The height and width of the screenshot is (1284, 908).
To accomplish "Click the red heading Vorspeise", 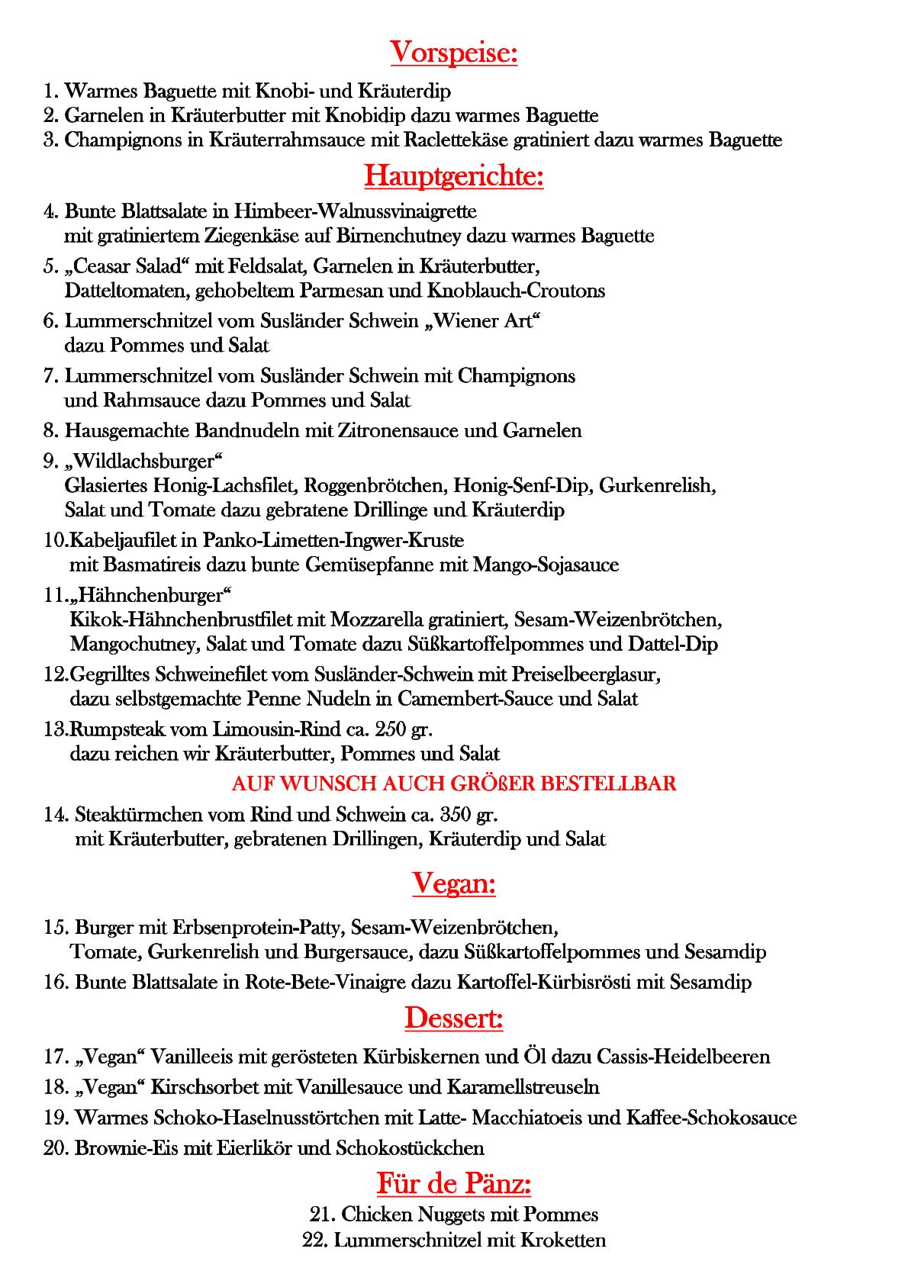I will (454, 53).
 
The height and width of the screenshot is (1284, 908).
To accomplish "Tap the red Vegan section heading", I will (454, 883).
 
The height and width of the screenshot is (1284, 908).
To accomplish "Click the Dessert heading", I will (454, 1018).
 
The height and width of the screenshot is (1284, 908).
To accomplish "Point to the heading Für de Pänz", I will (454, 1184).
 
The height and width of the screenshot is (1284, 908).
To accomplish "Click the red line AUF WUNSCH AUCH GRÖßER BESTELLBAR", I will (454, 784).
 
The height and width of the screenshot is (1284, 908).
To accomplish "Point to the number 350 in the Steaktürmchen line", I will (456, 814).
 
